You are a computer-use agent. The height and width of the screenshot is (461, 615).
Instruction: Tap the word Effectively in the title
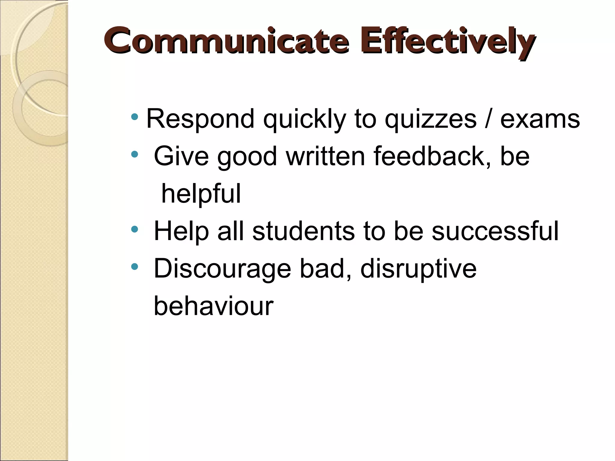pyautogui.click(x=450, y=42)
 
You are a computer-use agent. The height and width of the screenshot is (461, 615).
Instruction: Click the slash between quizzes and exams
pyautogui.click(x=488, y=119)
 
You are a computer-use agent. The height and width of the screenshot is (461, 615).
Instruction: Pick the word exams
pyautogui.click(x=540, y=120)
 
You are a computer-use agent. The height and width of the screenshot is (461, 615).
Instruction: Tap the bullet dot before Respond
pyautogui.click(x=135, y=116)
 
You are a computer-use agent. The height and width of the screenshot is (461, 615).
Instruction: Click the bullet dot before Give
pyautogui.click(x=135, y=155)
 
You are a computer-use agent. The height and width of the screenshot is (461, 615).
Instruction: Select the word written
pyautogui.click(x=325, y=156)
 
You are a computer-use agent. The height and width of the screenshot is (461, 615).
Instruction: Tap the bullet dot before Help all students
pyautogui.click(x=135, y=230)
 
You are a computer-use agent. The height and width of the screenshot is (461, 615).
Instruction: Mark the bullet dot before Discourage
pyautogui.click(x=135, y=266)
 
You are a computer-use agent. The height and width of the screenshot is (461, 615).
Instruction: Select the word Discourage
pyautogui.click(x=222, y=269)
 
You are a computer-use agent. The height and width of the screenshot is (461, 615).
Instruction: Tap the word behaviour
pyautogui.click(x=214, y=306)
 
